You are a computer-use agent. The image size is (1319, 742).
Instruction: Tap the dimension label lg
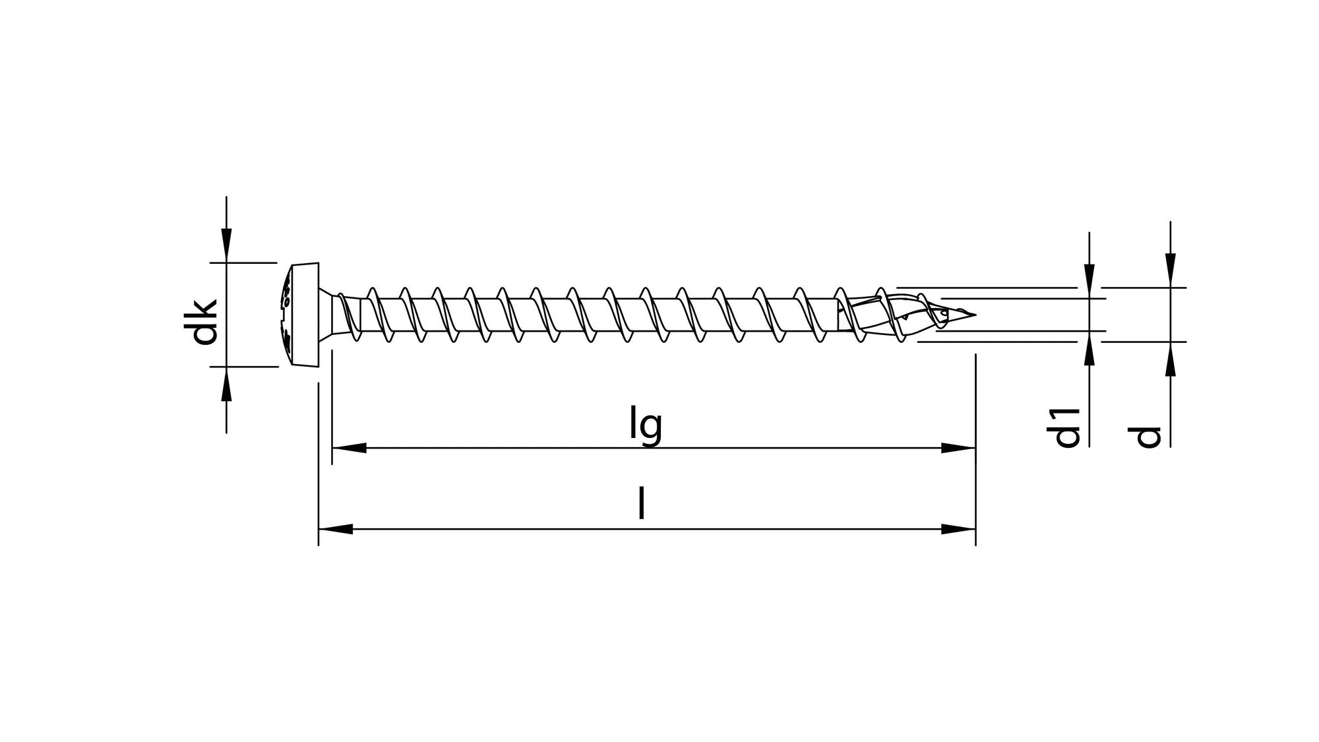(x=645, y=425)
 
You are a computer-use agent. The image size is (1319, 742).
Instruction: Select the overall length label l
(x=641, y=504)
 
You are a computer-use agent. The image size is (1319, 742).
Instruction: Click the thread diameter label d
(x=1148, y=437)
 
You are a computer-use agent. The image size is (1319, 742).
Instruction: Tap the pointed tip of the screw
(x=972, y=315)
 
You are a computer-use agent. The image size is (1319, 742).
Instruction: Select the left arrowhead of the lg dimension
(x=348, y=448)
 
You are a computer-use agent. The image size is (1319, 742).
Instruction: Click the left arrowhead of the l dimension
(x=335, y=529)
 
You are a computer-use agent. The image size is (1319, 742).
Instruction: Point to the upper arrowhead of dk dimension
(x=226, y=245)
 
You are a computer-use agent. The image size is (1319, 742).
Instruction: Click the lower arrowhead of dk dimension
(x=226, y=384)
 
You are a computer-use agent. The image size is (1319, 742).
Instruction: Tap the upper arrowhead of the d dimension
(x=1171, y=270)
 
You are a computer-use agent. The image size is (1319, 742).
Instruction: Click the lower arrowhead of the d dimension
(x=1171, y=359)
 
